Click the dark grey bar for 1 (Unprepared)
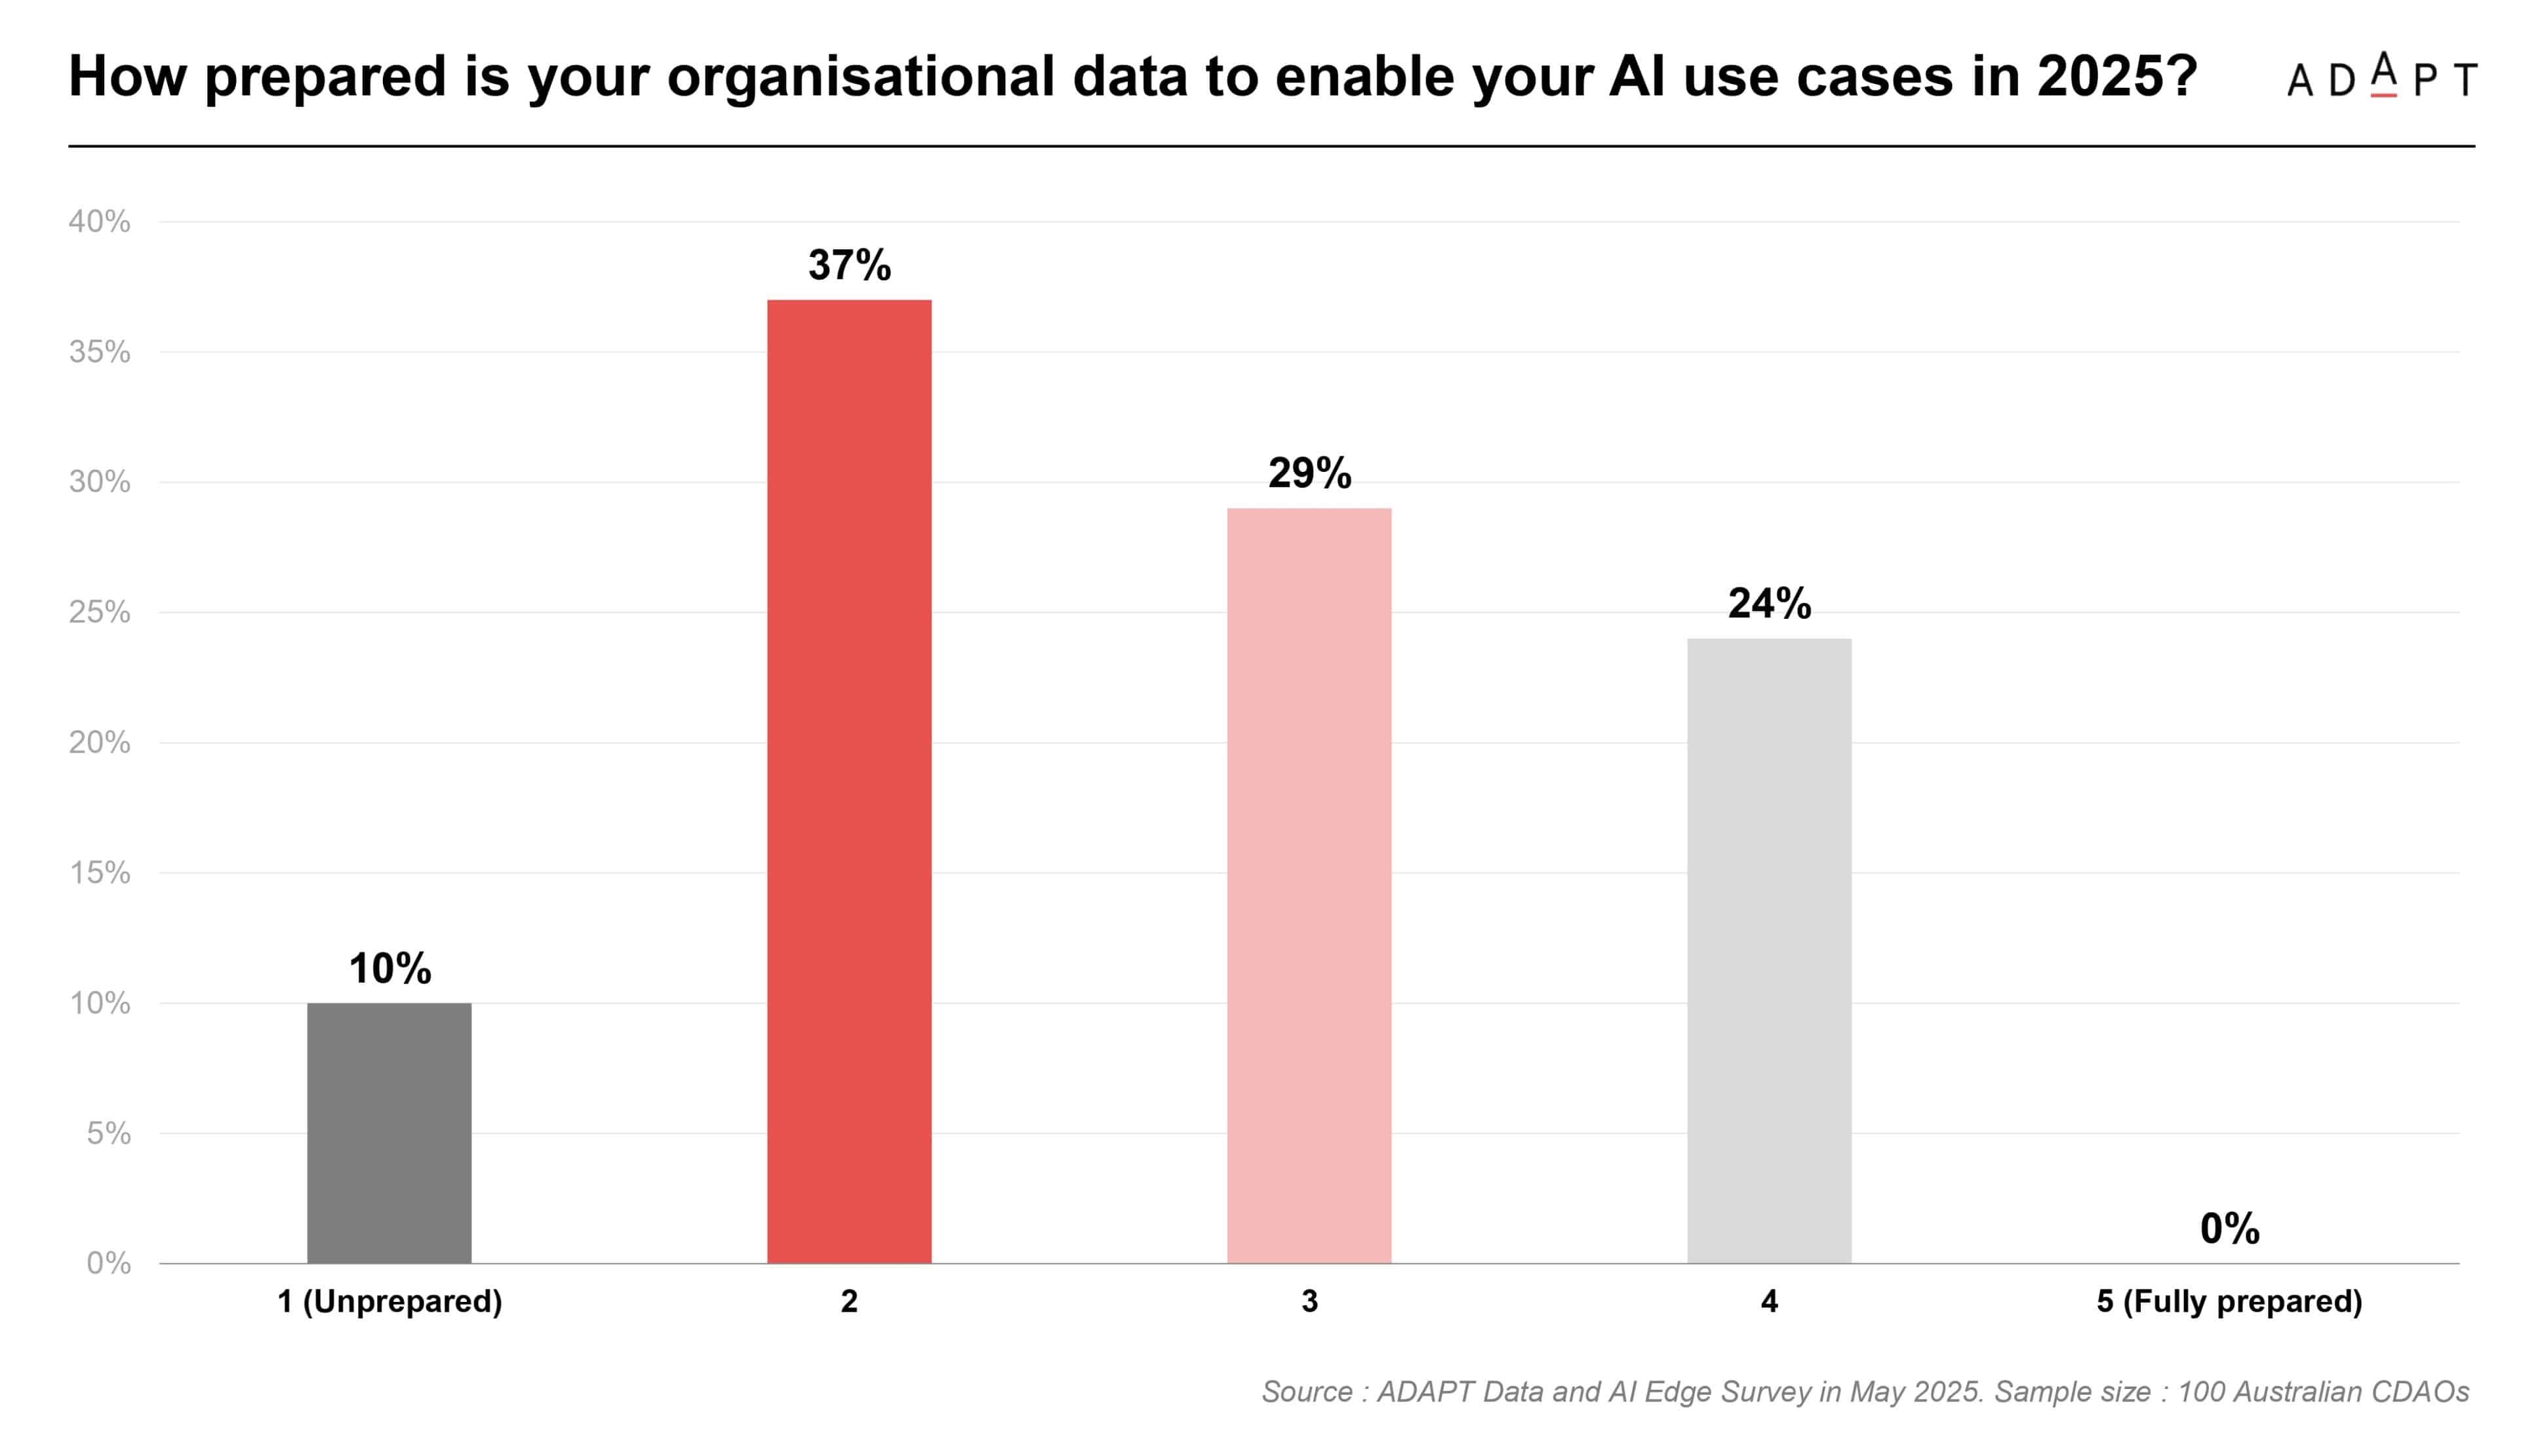(x=389, y=1133)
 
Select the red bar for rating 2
(x=849, y=781)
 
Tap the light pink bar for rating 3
(x=1309, y=886)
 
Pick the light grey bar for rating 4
(x=1770, y=951)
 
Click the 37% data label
(x=849, y=265)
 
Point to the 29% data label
(x=1309, y=473)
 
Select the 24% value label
(x=1770, y=604)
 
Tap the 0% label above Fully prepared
(x=2230, y=1228)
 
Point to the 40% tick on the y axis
(x=99, y=221)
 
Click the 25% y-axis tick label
(x=99, y=612)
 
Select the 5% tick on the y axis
(x=109, y=1133)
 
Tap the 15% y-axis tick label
(x=99, y=873)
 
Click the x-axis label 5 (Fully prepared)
(x=2230, y=1302)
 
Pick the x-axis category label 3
(x=1309, y=1302)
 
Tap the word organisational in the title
(x=861, y=77)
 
